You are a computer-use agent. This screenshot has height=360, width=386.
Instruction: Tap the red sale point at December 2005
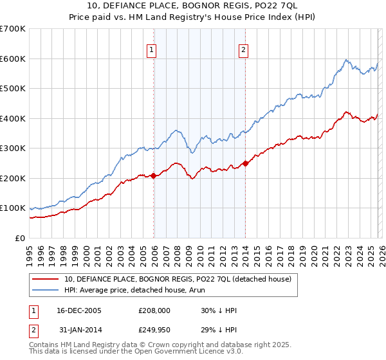pyautogui.click(x=154, y=175)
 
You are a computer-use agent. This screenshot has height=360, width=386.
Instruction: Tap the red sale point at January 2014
pyautogui.click(x=246, y=163)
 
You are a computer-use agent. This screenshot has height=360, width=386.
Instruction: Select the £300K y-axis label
pyautogui.click(x=13, y=148)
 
